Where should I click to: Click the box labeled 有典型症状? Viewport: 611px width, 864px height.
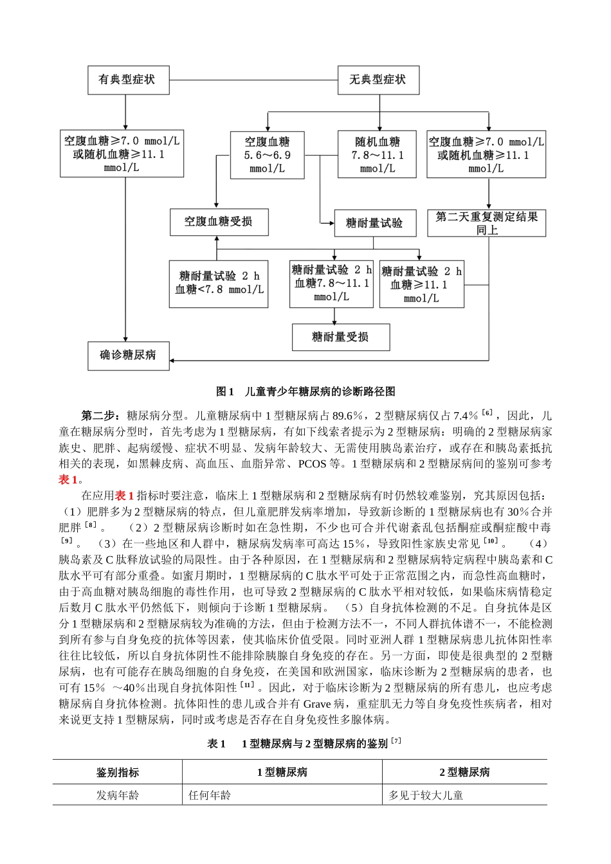[x=126, y=81]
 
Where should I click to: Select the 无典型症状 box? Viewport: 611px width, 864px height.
[x=378, y=81]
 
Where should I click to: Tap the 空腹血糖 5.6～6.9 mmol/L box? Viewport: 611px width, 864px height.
[x=267, y=155]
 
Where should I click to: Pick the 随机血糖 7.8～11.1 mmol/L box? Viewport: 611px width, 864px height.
[x=378, y=155]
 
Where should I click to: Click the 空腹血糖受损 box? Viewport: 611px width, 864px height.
[x=218, y=222]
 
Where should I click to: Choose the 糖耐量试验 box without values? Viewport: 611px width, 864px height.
[x=374, y=223]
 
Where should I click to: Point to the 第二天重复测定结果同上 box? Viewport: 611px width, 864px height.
[x=487, y=222]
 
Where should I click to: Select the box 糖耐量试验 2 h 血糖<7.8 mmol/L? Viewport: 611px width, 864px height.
[x=219, y=283]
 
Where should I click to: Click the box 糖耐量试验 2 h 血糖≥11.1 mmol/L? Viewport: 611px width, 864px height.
[x=421, y=284]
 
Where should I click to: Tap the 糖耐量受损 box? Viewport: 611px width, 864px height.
[x=340, y=337]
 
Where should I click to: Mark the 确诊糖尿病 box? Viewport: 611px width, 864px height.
[x=128, y=355]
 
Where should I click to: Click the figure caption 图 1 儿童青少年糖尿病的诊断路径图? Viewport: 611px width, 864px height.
[x=305, y=392]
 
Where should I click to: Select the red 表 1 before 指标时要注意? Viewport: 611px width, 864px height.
[x=124, y=496]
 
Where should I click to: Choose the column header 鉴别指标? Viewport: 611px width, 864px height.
[x=118, y=773]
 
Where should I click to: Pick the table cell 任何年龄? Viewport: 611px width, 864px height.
[x=210, y=796]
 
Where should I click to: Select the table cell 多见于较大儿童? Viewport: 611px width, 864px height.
[x=426, y=796]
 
